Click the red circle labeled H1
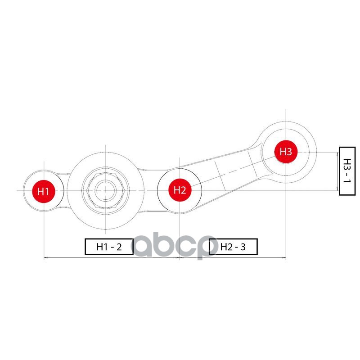point(44,191)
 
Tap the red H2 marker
point(180,190)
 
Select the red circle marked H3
point(286,152)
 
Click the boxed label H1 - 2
point(109,247)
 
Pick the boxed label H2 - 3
point(233,247)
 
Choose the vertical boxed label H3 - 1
point(346,171)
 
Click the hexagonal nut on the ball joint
point(105,190)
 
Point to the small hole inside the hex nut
point(105,190)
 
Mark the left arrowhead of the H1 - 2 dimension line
point(45,258)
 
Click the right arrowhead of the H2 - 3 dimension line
point(284,258)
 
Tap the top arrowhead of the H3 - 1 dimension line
point(337,153)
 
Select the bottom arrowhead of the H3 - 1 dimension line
point(337,189)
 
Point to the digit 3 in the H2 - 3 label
point(243,247)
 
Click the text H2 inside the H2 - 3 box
point(225,247)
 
